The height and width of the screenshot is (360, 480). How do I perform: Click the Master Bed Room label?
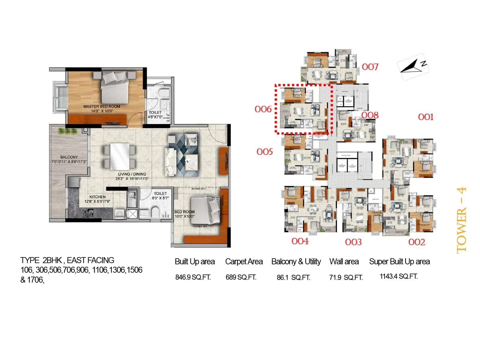(x=102, y=106)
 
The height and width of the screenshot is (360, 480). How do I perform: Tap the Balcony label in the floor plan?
(x=69, y=157)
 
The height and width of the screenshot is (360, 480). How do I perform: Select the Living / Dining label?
(x=132, y=174)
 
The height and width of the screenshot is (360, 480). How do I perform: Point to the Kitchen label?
(x=97, y=197)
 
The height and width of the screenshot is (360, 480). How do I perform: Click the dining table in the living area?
(x=120, y=156)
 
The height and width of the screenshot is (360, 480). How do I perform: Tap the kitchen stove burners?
(x=88, y=213)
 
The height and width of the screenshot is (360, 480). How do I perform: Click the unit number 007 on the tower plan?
(x=370, y=67)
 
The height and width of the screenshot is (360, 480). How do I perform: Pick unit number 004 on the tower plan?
(x=300, y=241)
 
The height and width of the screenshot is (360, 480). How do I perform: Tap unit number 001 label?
(x=426, y=117)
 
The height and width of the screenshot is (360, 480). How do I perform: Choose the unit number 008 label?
(x=370, y=115)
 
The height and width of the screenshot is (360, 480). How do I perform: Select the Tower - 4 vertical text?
(x=461, y=220)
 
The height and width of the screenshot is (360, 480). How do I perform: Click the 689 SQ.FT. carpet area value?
(x=241, y=277)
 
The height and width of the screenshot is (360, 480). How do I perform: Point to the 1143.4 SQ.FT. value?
(x=399, y=276)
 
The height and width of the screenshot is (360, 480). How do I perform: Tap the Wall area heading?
(x=344, y=262)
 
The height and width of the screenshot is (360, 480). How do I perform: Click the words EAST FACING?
(x=91, y=260)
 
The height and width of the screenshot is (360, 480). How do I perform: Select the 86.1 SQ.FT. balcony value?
(x=293, y=277)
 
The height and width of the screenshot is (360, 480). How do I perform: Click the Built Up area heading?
(x=195, y=262)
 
